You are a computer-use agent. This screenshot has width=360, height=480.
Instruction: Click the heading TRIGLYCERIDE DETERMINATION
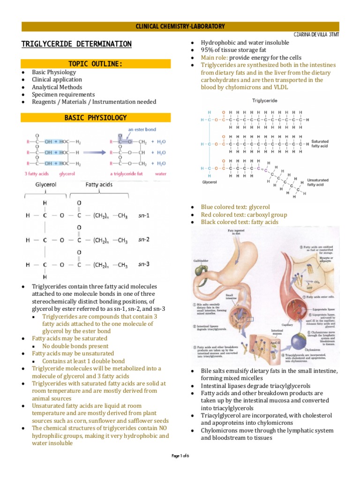76,44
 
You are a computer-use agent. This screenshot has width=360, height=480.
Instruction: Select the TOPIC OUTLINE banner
96,64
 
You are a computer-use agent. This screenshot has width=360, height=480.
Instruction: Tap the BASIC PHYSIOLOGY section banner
96,118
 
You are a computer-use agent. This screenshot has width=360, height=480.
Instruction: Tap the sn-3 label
144,264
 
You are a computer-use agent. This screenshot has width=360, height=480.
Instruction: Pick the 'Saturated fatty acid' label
320,143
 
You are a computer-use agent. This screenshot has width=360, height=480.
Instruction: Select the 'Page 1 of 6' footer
180,455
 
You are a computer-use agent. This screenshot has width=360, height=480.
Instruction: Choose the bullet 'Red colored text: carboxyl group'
244,215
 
